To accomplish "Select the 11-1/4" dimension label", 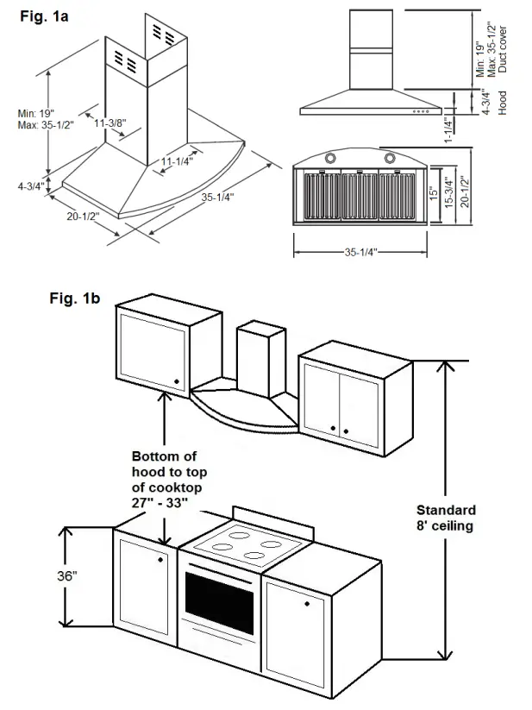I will tap(177, 160).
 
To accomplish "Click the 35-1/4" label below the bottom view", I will tap(361, 253).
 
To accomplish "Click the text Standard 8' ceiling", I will tap(445, 518).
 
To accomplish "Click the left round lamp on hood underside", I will tap(332, 159).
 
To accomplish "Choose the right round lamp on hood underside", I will tap(390, 158).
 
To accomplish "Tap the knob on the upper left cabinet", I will tap(175, 380).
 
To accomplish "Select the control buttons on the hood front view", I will tap(422, 110).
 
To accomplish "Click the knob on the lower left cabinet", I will tap(161, 559).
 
